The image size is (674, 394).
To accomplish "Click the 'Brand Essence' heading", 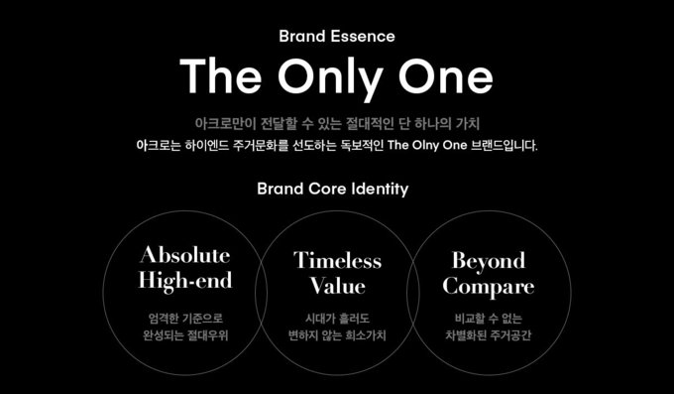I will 337,37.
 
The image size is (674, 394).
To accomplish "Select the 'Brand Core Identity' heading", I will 332,189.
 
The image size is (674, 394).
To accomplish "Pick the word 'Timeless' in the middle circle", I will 337,260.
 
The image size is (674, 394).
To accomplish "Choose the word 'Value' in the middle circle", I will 337,287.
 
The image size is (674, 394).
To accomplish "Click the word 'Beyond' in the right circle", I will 488,260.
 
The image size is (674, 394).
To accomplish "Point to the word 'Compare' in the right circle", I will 488,287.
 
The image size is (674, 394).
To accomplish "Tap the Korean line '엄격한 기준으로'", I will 185,318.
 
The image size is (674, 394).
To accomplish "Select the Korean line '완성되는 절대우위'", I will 185,335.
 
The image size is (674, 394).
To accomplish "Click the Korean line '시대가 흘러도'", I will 337,318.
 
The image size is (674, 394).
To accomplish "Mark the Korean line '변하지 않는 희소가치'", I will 337,335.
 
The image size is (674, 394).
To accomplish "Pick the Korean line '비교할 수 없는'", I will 488,318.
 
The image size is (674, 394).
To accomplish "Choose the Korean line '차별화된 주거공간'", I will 488,335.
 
